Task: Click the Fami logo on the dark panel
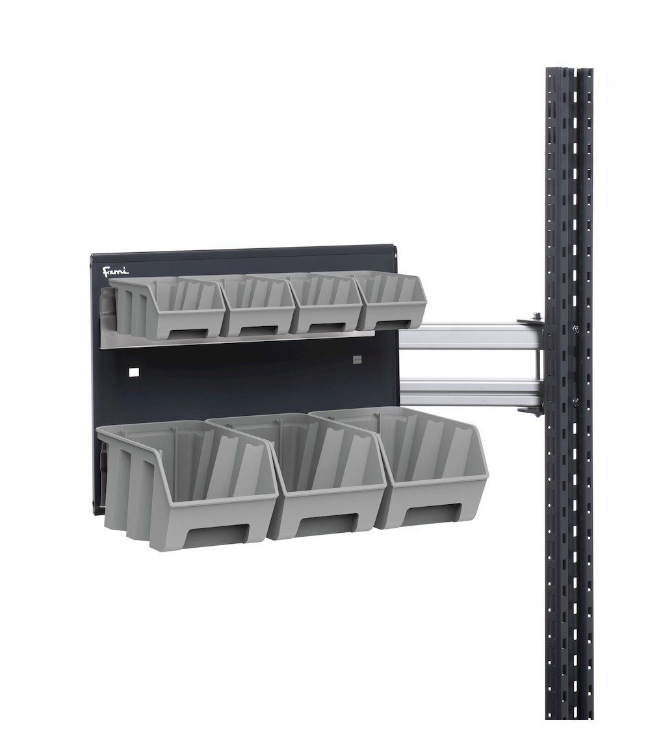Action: (x=116, y=271)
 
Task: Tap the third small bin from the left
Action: (x=326, y=301)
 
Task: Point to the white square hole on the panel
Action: (x=134, y=372)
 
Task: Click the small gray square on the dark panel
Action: (x=356, y=359)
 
